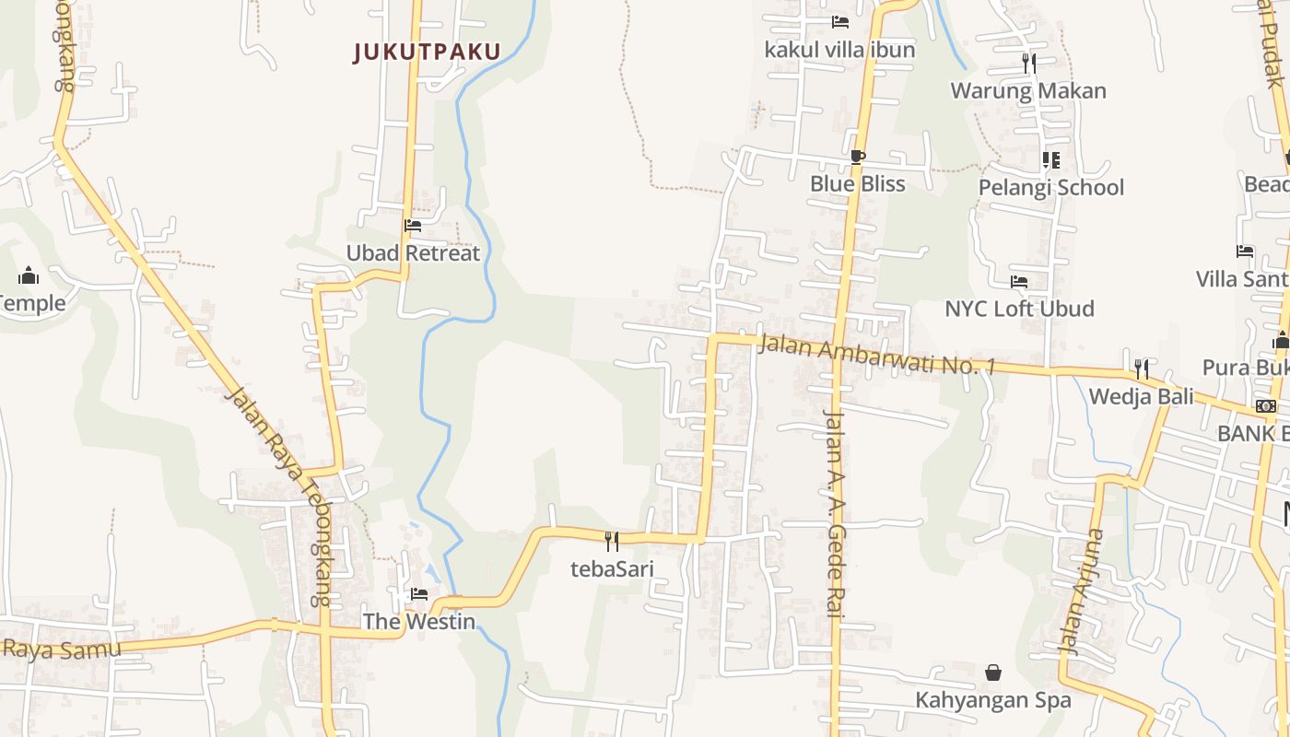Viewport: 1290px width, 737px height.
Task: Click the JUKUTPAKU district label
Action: pyautogui.click(x=427, y=52)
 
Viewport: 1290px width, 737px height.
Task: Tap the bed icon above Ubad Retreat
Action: pyautogui.click(x=412, y=225)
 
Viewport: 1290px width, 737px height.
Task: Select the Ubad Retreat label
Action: pyautogui.click(x=413, y=252)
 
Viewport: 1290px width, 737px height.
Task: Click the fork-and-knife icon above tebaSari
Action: pyautogui.click(x=611, y=541)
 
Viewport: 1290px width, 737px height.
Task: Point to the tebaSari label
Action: pyautogui.click(x=612, y=568)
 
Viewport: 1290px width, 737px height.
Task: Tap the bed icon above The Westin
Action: pyautogui.click(x=419, y=594)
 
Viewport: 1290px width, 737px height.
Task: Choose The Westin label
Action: pyautogui.click(x=419, y=622)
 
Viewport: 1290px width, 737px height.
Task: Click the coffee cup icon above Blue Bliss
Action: pyautogui.click(x=857, y=157)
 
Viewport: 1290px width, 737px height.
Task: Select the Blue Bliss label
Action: pyautogui.click(x=857, y=184)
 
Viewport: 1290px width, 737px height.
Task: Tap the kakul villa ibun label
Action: pyautogui.click(x=839, y=50)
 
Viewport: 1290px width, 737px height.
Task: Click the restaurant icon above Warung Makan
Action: pyautogui.click(x=1029, y=63)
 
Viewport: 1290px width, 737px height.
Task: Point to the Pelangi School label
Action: pyautogui.click(x=1051, y=188)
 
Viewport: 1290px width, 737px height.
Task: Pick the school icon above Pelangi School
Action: pyautogui.click(x=1050, y=160)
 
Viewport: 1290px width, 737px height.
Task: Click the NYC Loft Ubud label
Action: pyautogui.click(x=1019, y=309)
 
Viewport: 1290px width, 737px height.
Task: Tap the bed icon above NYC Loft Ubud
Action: pyautogui.click(x=1018, y=282)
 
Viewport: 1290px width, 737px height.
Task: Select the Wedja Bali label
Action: pyautogui.click(x=1141, y=397)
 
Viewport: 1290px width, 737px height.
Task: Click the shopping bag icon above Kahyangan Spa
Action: pyautogui.click(x=993, y=673)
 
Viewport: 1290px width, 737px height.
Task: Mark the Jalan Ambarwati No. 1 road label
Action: pyautogui.click(x=876, y=355)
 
